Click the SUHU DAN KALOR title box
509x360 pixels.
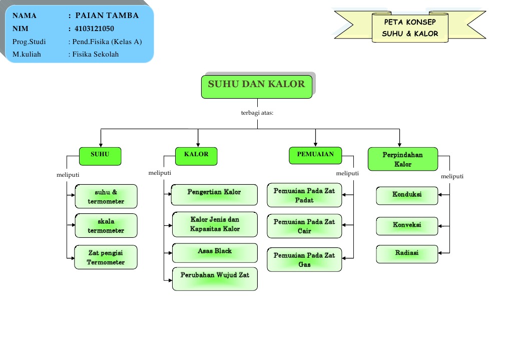coord(256,87)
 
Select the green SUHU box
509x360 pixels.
coord(100,156)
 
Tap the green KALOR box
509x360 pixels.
coord(196,156)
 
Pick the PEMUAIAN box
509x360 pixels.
coord(315,155)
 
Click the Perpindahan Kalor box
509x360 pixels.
coord(402,159)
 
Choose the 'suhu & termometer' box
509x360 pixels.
coord(106,196)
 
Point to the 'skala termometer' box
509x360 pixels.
coord(106,226)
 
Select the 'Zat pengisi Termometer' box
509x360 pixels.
coord(106,257)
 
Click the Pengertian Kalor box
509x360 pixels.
coord(214,195)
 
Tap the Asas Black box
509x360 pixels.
coord(215,253)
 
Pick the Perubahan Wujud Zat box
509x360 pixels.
coord(215,279)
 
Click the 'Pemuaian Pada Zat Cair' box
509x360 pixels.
coord(304,226)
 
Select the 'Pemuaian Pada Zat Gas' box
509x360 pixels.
coord(304,259)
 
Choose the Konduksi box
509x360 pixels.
coord(407,196)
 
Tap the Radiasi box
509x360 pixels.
coord(407,254)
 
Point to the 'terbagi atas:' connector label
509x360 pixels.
coord(257,113)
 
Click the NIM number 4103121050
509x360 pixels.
coord(95,29)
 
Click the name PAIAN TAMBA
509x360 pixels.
coord(107,15)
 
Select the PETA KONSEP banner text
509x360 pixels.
coord(410,22)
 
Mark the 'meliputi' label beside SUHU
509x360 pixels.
coord(68,175)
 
